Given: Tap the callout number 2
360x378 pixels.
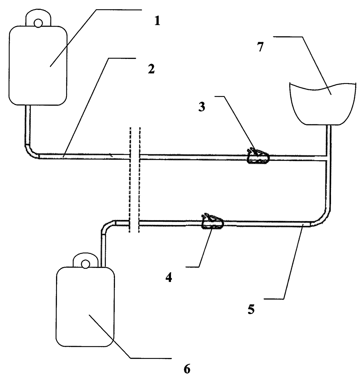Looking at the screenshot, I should (x=151, y=69).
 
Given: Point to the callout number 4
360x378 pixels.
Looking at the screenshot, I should (x=168, y=278).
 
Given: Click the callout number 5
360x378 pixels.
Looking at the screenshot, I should (x=251, y=309).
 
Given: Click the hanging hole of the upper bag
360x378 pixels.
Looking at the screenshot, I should (x=38, y=22).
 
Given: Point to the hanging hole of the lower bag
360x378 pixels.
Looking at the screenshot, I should (x=85, y=264).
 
